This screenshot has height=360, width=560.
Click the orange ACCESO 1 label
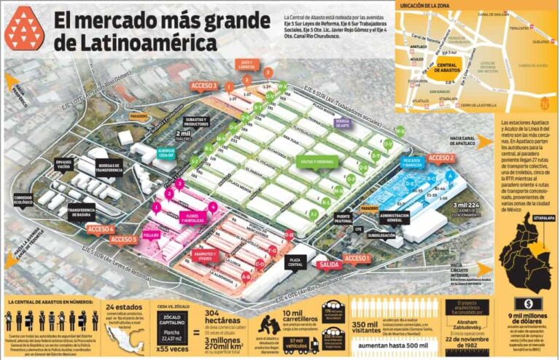(357, 258)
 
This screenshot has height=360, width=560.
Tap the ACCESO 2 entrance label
(441, 157)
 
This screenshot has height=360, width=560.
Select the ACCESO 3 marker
(203, 85)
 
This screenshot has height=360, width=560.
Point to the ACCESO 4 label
(100, 229)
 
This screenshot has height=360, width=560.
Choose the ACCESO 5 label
(124, 239)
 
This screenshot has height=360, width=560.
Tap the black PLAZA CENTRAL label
(297, 261)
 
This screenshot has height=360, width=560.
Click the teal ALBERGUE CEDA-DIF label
(167, 152)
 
